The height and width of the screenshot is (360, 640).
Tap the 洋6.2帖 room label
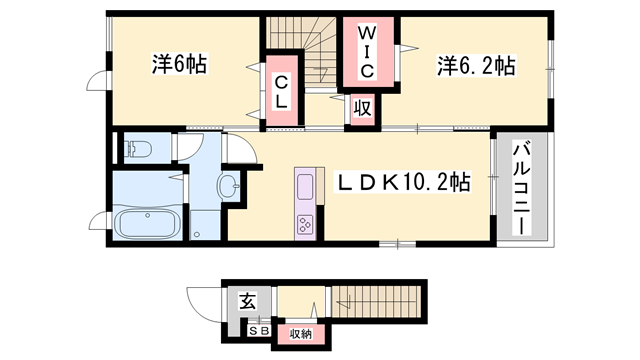475,66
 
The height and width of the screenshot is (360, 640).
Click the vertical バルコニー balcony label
521,188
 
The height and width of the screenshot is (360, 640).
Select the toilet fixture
138,151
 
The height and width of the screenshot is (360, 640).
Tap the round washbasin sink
228,185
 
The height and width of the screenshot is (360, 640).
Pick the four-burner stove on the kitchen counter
305,224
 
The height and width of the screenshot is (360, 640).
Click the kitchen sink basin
305,188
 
